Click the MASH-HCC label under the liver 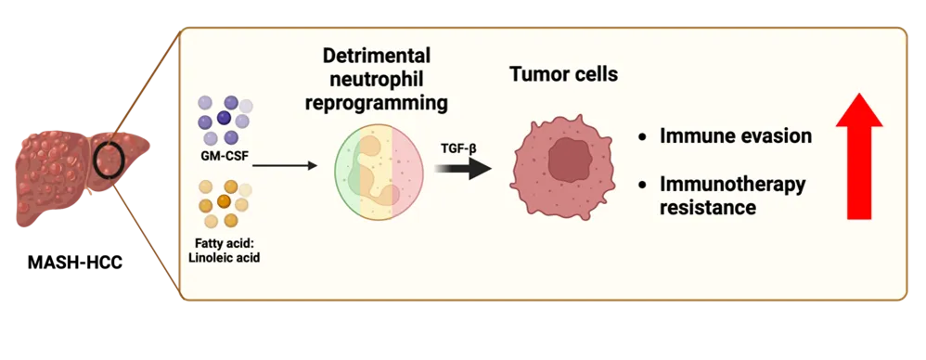pos(75,263)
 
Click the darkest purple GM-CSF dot pos(224,118)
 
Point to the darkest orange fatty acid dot pos(224,201)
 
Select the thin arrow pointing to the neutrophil pos(285,166)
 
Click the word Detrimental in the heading pos(377,57)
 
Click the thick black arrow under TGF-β pos(464,168)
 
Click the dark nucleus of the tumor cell pos(570,161)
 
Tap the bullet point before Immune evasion pos(642,137)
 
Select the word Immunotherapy pos(732,185)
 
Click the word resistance pos(708,208)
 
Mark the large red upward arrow pos(858,156)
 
